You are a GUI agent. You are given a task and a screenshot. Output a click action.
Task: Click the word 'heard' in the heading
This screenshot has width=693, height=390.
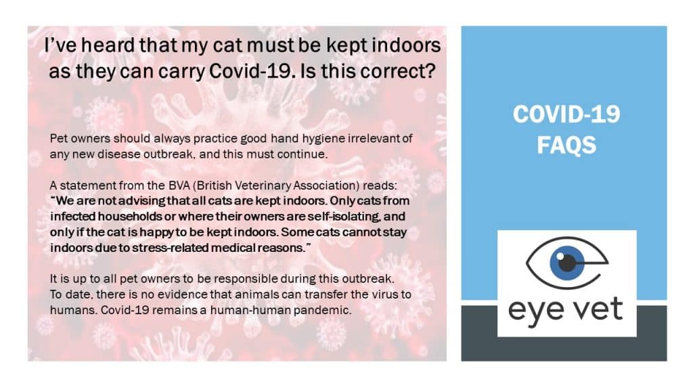coord(108,45)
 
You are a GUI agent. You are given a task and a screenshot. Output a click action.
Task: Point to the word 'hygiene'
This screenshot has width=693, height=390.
coord(323,139)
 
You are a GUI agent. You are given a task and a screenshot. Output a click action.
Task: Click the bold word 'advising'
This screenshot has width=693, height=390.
coord(141,201)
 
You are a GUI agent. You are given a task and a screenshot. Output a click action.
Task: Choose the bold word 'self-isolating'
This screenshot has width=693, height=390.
coord(338,217)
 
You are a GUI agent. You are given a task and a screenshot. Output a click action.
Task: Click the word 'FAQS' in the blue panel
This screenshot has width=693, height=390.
coord(566,145)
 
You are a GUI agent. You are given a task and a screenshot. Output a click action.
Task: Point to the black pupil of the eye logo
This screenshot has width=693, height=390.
coord(566,263)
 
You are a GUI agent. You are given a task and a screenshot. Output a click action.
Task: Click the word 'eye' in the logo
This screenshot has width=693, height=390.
coord(535,312)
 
